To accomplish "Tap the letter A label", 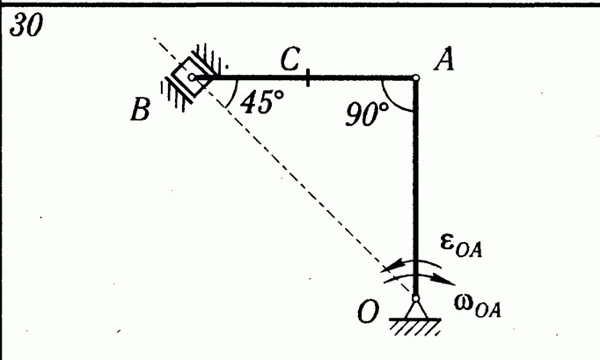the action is (444, 59).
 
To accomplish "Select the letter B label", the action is (140, 109).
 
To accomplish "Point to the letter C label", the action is (290, 59).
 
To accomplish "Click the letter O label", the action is (368, 312).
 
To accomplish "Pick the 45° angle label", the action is (262, 102).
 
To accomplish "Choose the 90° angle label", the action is (367, 114).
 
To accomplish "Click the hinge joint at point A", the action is (416, 77).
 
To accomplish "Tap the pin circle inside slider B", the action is (192, 77).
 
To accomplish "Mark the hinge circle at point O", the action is (416, 298).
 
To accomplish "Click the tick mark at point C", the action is (308, 77).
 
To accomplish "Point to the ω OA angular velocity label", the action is (478, 305).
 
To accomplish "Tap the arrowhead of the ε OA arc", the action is (393, 266).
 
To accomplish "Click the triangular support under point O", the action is (416, 310).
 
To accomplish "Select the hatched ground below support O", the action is (414, 327).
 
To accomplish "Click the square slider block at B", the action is (191, 77).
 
